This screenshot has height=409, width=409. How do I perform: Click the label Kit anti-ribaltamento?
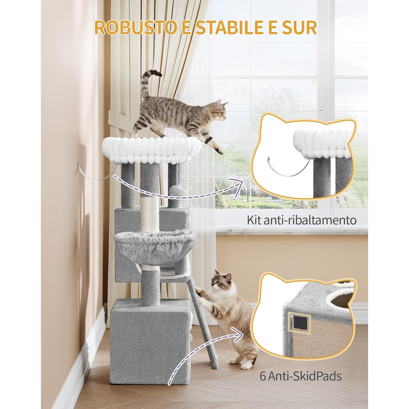tap(301, 220)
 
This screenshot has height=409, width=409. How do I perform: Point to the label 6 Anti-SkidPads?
tap(300, 376)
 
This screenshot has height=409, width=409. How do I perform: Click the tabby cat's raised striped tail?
tap(148, 83)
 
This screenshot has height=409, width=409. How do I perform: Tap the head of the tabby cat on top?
tap(219, 110)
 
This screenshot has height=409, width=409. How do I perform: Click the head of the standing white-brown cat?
tap(221, 280)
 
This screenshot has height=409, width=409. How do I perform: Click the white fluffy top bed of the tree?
tap(151, 151)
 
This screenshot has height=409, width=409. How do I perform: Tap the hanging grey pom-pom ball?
tap(176, 190)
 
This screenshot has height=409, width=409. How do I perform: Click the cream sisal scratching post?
tap(150, 214)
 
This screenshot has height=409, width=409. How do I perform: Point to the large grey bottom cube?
tap(151, 342)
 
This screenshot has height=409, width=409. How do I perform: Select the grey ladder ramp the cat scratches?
tap(203, 323)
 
